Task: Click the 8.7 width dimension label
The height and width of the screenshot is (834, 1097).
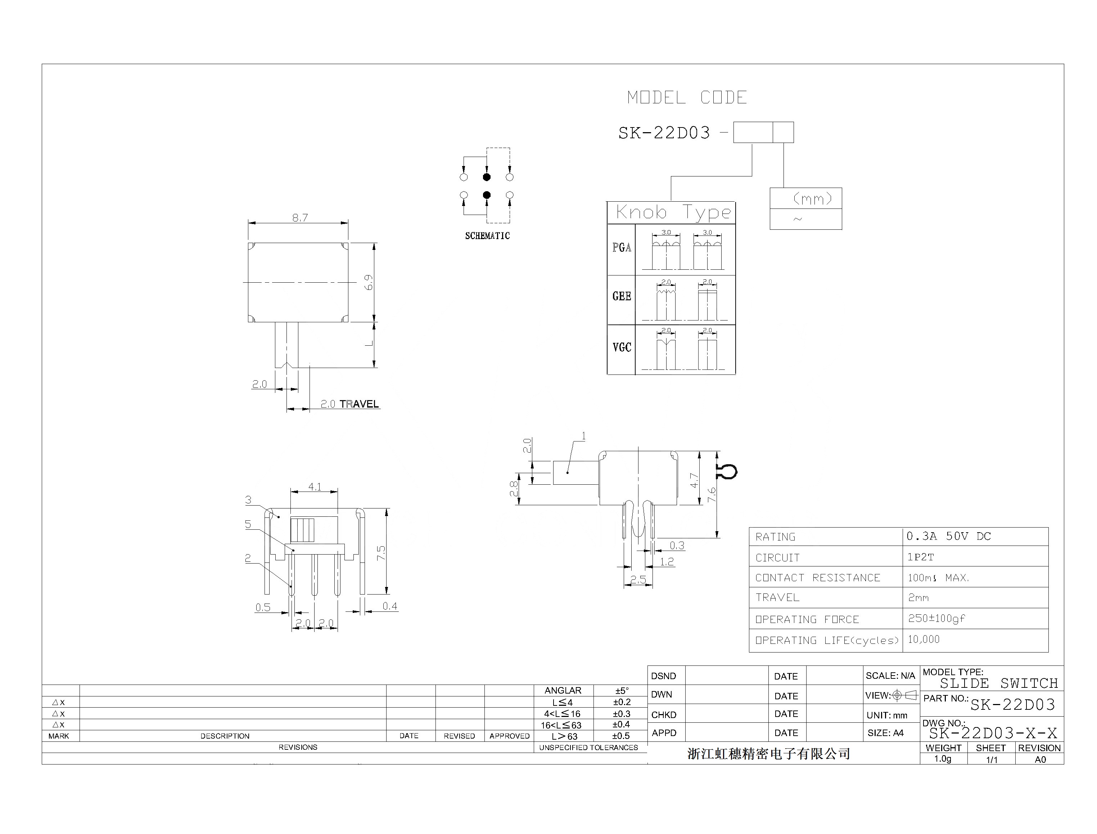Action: point(300,218)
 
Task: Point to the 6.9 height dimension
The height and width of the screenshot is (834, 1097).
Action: point(369,282)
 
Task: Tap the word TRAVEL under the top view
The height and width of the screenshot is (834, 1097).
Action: point(359,404)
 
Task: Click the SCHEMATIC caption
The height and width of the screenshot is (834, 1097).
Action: point(487,236)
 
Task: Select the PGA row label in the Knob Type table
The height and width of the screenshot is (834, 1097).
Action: point(621,247)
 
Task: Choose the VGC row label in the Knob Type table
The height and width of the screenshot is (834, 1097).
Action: point(621,347)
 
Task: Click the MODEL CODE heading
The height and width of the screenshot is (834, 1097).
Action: point(687,97)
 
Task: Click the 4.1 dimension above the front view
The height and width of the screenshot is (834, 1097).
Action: point(315,486)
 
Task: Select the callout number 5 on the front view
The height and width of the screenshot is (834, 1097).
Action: point(248,524)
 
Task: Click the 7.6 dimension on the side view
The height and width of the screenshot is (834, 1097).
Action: point(712,495)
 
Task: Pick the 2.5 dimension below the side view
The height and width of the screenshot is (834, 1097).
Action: point(638,579)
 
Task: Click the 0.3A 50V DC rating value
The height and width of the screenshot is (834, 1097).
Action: point(948,536)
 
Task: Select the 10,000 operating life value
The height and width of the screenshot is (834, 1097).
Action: point(924,639)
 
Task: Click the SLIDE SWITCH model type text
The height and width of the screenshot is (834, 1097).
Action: point(999,683)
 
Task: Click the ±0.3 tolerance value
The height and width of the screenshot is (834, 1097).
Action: point(621,713)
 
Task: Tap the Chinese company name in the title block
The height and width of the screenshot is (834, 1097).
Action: point(768,754)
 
